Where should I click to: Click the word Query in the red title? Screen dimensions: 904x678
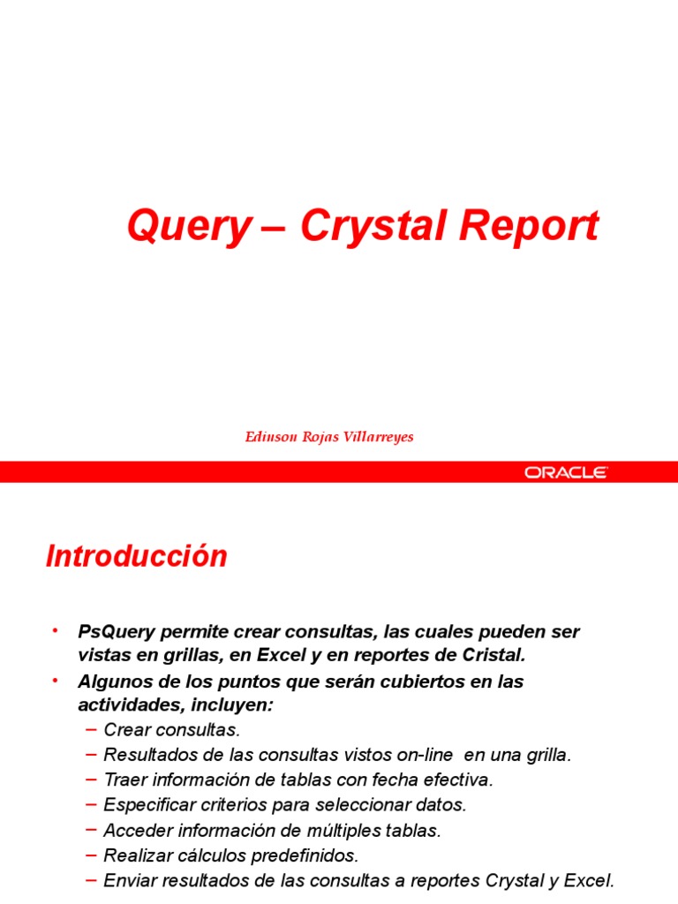coord(188,227)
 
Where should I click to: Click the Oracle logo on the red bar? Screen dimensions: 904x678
coord(566,472)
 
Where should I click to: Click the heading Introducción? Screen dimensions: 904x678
coord(137,556)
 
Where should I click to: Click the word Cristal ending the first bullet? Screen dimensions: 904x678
coord(493,654)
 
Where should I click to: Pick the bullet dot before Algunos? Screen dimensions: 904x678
coord(54,680)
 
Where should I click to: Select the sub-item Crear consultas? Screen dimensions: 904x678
coord(172,730)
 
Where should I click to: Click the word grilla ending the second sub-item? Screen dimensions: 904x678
coord(548,755)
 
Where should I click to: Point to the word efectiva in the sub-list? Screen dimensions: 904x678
coord(461,780)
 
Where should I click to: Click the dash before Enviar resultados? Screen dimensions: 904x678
coord(92,879)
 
